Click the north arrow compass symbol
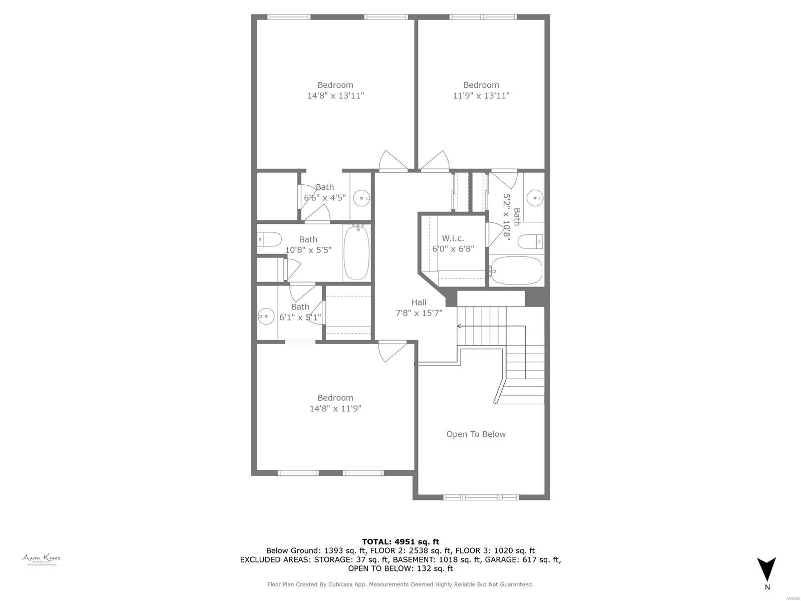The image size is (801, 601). click(x=766, y=569)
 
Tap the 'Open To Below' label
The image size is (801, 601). click(x=476, y=434)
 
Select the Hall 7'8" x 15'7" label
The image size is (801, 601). click(x=419, y=308)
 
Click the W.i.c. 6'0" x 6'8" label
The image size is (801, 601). click(x=453, y=243)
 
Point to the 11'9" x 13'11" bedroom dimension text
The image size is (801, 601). click(x=481, y=96)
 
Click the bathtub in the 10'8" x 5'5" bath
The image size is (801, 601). click(x=356, y=252)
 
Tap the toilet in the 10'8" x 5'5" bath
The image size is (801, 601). click(x=269, y=240)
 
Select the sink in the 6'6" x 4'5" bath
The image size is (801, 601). click(x=361, y=198)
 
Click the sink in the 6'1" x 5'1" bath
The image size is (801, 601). click(x=266, y=316)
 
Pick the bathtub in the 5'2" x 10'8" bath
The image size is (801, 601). click(x=516, y=271)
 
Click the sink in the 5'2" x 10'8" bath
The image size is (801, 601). click(x=537, y=198)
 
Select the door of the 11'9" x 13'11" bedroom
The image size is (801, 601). click(x=435, y=161)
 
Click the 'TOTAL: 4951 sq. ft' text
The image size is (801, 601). click(x=400, y=541)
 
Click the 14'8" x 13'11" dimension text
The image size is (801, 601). click(x=335, y=96)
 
